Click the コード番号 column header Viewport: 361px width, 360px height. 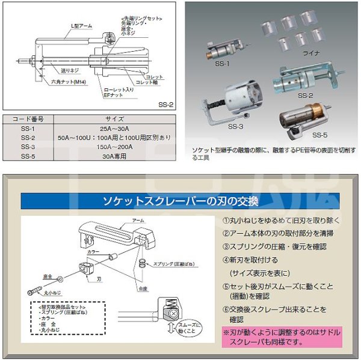(27, 118)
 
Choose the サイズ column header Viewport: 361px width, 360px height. (114, 118)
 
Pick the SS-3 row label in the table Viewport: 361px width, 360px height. (27, 145)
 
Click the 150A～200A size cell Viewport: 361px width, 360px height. (114, 145)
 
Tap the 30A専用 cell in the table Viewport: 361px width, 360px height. (114, 155)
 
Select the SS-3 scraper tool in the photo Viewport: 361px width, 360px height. (238, 102)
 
